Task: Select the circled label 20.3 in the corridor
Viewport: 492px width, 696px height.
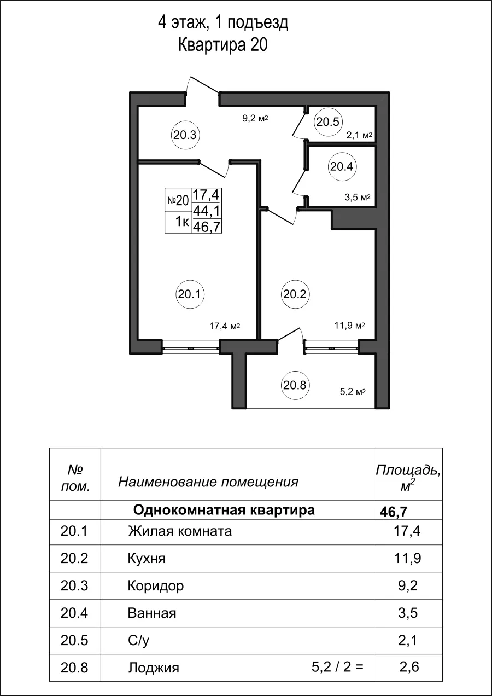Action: (x=185, y=134)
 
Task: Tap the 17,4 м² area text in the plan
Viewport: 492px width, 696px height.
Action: (x=225, y=326)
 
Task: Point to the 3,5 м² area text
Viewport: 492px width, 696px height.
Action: (x=358, y=198)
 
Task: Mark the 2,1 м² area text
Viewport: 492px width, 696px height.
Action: (x=359, y=135)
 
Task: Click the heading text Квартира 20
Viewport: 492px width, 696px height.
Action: (x=222, y=45)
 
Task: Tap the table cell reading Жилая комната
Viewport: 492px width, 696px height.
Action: (x=180, y=531)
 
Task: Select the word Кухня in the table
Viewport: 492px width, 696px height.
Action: (x=146, y=559)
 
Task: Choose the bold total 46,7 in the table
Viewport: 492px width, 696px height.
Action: (x=394, y=512)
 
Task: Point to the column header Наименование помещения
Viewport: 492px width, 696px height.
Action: (x=208, y=482)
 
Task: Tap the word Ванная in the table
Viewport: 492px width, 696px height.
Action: (x=152, y=613)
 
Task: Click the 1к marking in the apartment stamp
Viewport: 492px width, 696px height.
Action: (x=181, y=222)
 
